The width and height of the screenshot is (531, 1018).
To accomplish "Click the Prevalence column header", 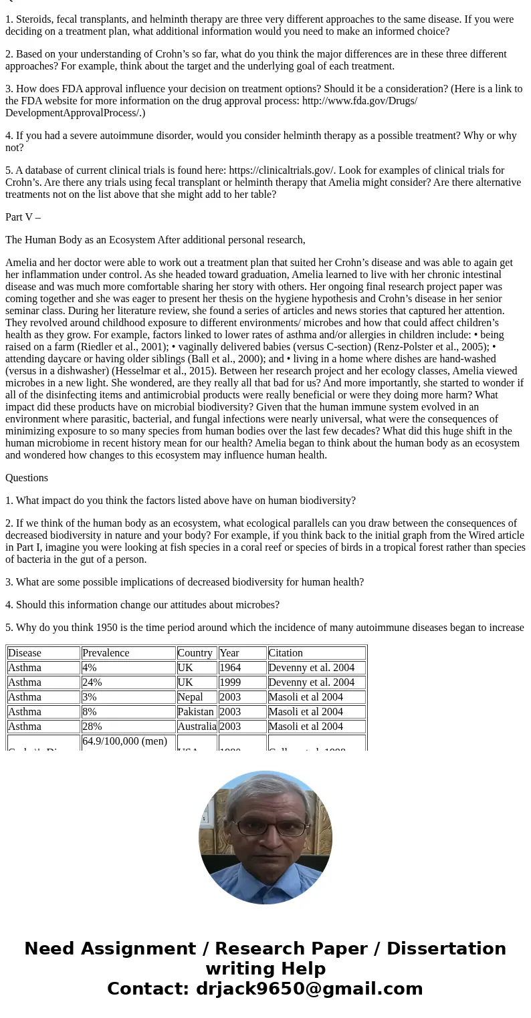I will [x=106, y=653].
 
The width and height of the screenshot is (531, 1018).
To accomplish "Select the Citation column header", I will [x=286, y=653].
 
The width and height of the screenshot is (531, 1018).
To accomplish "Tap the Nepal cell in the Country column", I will [x=191, y=697].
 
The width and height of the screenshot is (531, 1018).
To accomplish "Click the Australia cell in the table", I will [x=197, y=727].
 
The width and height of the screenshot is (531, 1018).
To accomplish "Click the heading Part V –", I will [x=23, y=217].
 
